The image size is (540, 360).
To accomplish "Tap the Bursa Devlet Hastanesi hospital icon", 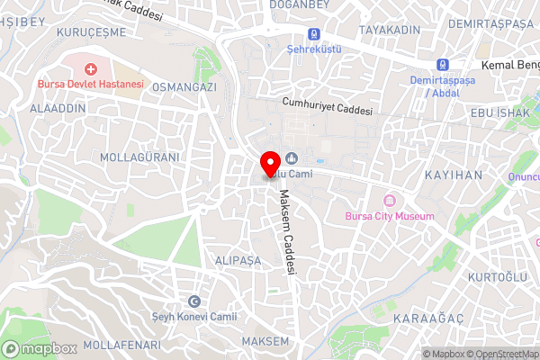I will click(90, 68).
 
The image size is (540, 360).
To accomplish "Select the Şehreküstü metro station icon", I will click(313, 34).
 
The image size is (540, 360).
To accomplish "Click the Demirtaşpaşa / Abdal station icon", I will click(442, 65).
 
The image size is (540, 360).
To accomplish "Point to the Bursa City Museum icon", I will click(390, 201).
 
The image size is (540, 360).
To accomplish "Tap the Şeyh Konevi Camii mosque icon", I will click(194, 301).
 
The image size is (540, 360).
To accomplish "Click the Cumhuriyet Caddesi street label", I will click(326, 106).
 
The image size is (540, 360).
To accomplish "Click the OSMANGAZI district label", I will click(184, 86).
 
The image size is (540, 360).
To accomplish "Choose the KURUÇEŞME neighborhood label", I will click(90, 31).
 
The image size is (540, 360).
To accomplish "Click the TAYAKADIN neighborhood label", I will click(391, 31).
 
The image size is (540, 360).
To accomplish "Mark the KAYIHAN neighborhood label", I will click(454, 175).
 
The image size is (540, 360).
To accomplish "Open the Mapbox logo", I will click(40, 348).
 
